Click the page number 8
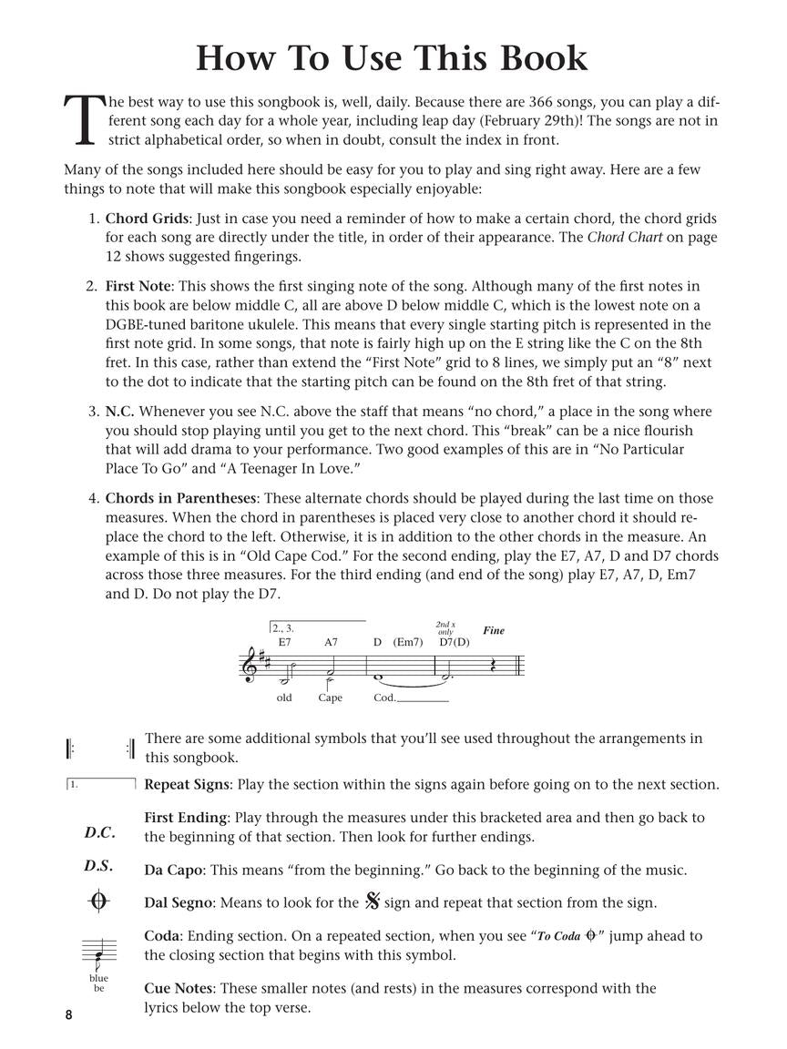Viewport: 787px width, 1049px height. (68, 1015)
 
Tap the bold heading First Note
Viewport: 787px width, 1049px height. (138, 286)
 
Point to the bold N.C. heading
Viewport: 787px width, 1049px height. (119, 412)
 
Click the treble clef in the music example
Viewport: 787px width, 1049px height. (249, 664)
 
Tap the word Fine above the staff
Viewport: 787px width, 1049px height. (493, 630)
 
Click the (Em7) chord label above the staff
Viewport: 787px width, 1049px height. (408, 642)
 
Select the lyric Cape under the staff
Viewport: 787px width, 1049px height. (330, 698)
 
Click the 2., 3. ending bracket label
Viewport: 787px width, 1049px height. (282, 628)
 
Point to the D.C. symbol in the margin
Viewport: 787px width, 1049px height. (99, 832)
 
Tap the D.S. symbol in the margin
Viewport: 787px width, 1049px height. (98, 866)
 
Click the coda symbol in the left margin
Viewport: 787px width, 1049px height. (98, 901)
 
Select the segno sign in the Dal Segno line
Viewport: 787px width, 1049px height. (372, 902)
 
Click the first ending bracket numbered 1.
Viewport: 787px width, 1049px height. (100, 783)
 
